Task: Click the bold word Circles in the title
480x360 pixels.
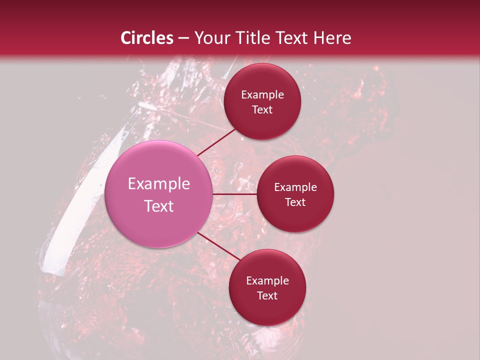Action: pyautogui.click(x=147, y=38)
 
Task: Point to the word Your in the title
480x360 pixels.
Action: pyautogui.click(x=209, y=38)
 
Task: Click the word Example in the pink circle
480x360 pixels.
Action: pyautogui.click(x=159, y=184)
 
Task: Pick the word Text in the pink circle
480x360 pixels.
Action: pyautogui.click(x=159, y=206)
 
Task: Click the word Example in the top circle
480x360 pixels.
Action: pyautogui.click(x=262, y=95)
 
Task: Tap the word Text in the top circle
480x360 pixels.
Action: pyautogui.click(x=262, y=110)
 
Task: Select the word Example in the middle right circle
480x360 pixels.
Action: pyautogui.click(x=295, y=187)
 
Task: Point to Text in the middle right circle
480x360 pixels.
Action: pyautogui.click(x=295, y=202)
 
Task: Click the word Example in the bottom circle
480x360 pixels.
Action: pyautogui.click(x=267, y=281)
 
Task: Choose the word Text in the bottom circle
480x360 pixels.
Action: pyautogui.click(x=267, y=295)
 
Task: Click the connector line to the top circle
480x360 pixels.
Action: pyautogui.click(x=217, y=142)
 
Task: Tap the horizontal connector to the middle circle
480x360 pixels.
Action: pyautogui.click(x=235, y=194)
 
